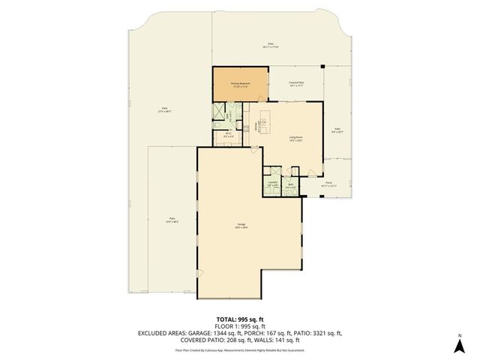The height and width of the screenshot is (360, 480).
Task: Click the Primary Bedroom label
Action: [x=240, y=85]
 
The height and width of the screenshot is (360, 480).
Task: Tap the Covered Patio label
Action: [x=295, y=84]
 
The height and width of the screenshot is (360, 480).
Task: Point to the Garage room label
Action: [x=242, y=226]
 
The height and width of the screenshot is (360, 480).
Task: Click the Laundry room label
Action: [x=272, y=184]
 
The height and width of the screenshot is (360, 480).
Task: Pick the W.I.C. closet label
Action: [x=228, y=135]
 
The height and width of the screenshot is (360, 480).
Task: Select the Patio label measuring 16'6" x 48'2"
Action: [x=172, y=220]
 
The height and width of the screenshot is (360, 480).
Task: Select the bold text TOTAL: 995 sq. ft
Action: [x=239, y=319]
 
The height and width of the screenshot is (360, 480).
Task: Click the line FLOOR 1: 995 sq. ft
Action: [x=239, y=325]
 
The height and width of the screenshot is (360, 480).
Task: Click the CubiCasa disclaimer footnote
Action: [x=239, y=349]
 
